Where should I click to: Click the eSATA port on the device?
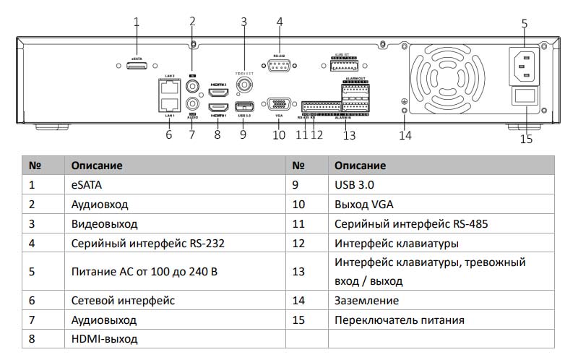coord(136,66)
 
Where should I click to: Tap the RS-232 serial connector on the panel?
coord(279,66)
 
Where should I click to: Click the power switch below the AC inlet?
coord(525,96)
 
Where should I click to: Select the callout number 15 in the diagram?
coord(526,139)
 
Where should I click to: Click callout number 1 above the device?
coord(137,21)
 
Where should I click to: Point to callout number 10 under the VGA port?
coord(279,134)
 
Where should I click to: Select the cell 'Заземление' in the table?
coord(366,300)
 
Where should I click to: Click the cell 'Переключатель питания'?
coord(399,320)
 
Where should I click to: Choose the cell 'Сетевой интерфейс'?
coord(123,300)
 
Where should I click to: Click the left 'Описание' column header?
coord(97,166)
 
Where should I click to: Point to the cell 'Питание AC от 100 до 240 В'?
coord(144,272)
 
